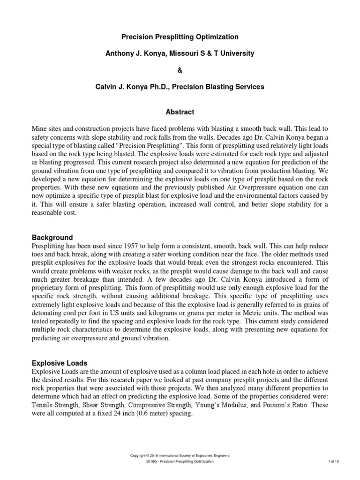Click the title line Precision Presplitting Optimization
coord(180,37)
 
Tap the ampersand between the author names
coord(180,70)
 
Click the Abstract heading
coord(180,112)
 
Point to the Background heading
coord(52,237)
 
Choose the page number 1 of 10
coord(333,462)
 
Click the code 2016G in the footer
coord(152,462)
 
